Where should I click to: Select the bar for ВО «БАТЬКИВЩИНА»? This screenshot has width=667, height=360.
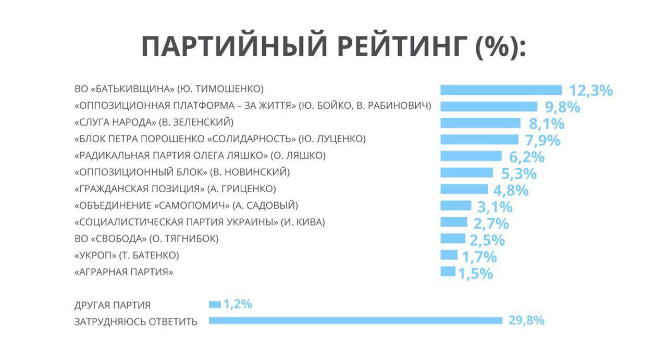tap(501, 90)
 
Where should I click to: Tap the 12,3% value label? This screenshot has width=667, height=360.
tap(590, 91)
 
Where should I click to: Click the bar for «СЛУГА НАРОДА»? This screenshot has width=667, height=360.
tap(480, 123)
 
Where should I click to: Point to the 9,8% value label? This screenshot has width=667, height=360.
tap(563, 107)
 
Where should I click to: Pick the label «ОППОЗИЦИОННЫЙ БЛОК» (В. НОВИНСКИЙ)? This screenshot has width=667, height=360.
tap(182, 172)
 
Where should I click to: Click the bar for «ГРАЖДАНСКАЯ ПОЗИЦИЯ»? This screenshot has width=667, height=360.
tap(464, 189)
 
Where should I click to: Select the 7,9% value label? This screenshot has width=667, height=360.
tap(542, 140)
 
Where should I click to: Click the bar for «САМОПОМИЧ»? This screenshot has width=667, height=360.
tap(455, 205)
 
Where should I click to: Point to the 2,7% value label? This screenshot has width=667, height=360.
tap(491, 224)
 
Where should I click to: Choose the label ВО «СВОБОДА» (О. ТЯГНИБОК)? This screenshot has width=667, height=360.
tap(146, 239)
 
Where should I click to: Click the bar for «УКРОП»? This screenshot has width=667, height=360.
tap(449, 255)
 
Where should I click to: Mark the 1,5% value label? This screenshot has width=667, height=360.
tap(475, 274)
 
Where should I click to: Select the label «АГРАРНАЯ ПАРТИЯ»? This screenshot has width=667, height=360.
tap(124, 272)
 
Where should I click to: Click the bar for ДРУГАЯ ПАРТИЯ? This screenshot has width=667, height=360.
tap(215, 304)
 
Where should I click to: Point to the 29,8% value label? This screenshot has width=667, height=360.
tap(526, 320)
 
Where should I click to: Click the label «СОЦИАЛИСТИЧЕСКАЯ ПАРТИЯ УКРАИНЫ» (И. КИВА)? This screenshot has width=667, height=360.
tap(200, 222)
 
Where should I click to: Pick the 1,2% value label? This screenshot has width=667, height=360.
tap(238, 304)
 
